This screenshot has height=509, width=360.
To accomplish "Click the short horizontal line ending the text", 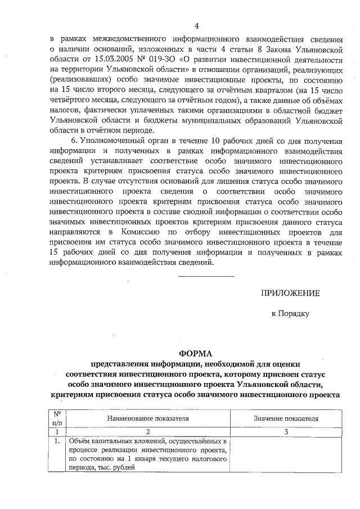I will click(205, 276).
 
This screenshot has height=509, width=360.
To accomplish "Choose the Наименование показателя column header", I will click(148, 419).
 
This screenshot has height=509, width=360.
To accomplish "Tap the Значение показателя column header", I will click(286, 419).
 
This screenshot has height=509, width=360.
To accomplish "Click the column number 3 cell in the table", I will click(286, 432).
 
